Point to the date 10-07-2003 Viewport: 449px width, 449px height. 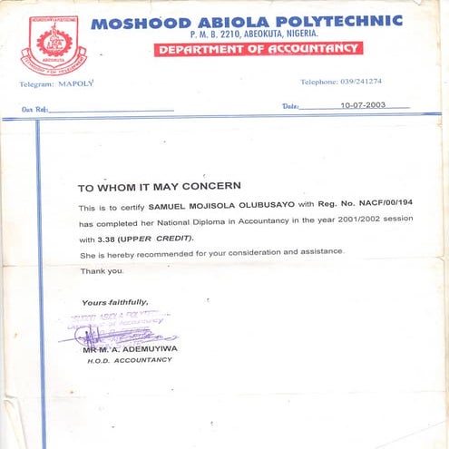[363, 105]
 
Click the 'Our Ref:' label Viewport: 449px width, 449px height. [35, 110]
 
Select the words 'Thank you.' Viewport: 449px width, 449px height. [102, 271]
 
